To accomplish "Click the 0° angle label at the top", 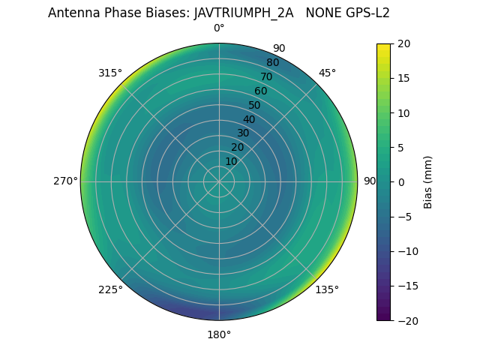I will tap(219, 28).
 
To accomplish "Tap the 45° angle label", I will tap(328, 73).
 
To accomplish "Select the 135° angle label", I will tap(327, 289).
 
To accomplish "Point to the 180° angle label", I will tap(219, 334).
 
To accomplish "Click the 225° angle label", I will tap(110, 290).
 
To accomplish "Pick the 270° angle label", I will tap(65, 181).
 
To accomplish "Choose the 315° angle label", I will tap(110, 73).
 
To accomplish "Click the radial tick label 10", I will tap(231, 161).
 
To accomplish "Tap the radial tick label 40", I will tap(249, 119).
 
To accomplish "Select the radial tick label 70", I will tap(266, 76).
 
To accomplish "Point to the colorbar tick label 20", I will tap(403, 43).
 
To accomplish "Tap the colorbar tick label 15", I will tap(403, 78).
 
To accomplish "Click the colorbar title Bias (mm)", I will tap(428, 181).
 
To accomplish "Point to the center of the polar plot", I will tap(219, 181).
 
